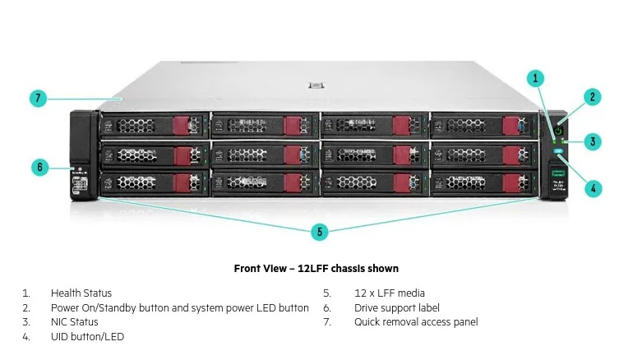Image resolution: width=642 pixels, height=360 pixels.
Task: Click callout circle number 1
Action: pos(536,79)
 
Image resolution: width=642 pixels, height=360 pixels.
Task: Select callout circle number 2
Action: pos(593,97)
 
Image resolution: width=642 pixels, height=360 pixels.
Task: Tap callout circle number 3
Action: pos(593,141)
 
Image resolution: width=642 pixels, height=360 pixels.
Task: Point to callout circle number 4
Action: pos(593,187)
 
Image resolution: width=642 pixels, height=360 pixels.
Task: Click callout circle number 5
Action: pos(321,232)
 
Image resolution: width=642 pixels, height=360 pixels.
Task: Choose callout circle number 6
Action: pos(39,167)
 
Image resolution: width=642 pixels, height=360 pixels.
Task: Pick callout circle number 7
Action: pos(37,99)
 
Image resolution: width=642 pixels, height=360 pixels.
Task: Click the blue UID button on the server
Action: pos(559,150)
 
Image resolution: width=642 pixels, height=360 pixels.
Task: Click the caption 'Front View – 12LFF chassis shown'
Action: pos(316,269)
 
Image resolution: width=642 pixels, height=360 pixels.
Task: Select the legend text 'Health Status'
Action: pos(81,293)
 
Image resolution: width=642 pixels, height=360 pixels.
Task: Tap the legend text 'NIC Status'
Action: pos(75,321)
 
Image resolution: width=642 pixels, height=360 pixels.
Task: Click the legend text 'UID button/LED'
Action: pos(87,336)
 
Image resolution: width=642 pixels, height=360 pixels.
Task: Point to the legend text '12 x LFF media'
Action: pos(390,293)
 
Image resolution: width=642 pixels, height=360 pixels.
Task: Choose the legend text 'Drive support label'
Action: pos(397,307)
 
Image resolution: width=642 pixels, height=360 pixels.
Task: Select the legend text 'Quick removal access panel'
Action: pos(416,321)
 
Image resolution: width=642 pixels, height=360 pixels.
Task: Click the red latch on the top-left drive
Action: pos(181,126)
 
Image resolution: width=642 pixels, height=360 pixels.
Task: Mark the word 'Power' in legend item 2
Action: pos(65,307)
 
